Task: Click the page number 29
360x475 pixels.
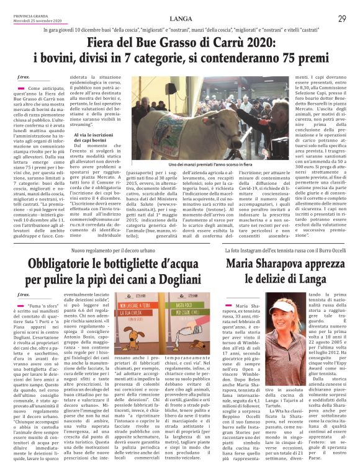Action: (x=342, y=19)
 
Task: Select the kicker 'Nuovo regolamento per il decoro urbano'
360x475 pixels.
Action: (x=124, y=249)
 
